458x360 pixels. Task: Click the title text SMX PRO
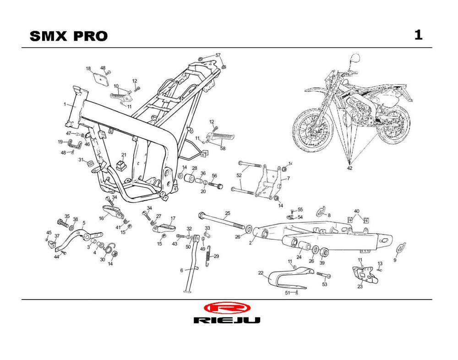[x=69, y=36]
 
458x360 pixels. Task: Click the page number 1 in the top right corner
[x=418, y=35]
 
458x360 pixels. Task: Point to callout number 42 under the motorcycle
[x=350, y=169]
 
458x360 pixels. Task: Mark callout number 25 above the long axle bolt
[x=228, y=213]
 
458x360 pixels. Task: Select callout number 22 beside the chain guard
[x=261, y=273]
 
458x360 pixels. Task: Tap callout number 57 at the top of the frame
[x=218, y=55]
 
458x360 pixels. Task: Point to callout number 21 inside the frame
[x=123, y=155]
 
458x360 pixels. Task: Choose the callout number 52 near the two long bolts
[x=239, y=175]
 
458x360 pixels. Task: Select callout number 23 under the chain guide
[x=360, y=287]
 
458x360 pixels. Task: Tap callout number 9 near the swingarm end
[x=395, y=260]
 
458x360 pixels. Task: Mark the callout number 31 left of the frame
[x=81, y=159]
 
